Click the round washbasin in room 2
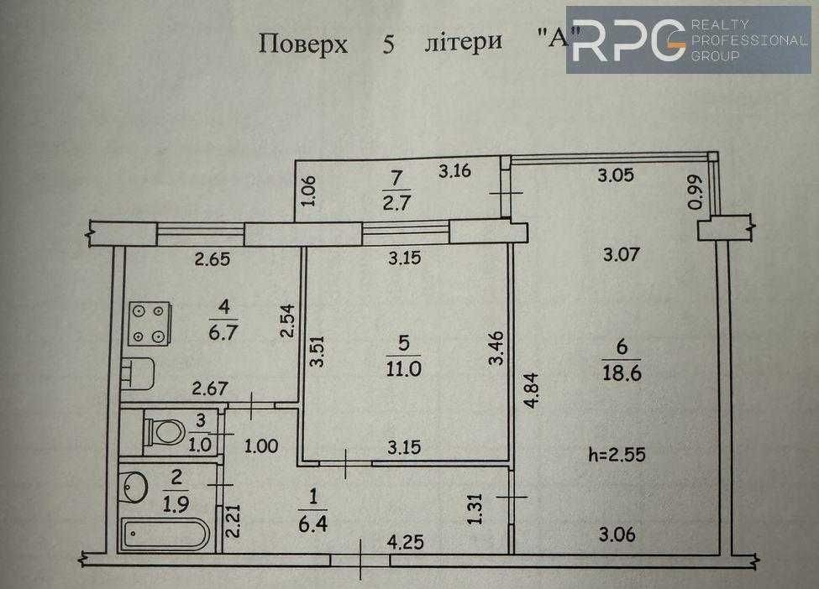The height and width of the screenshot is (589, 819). point(135,484)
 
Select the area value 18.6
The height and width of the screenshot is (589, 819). point(623,375)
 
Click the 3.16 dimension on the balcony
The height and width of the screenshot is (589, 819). point(457,173)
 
